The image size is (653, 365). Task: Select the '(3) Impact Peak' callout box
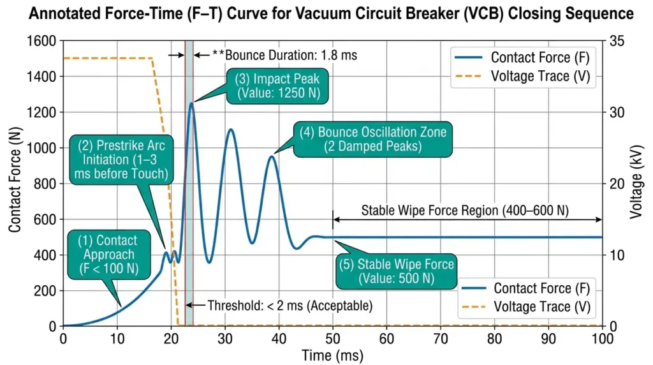[x=278, y=87]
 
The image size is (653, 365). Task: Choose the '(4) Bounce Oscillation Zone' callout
[x=373, y=139]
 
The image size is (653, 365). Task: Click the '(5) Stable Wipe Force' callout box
[x=396, y=271]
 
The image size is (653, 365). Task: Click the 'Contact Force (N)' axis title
[x=13, y=184]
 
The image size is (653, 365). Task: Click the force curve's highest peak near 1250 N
[x=191, y=103]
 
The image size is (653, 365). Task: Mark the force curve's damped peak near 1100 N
[x=230, y=130]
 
